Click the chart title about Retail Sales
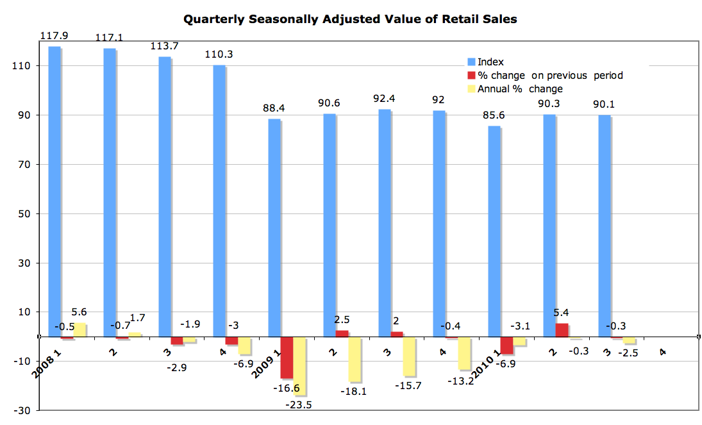coord(350,19)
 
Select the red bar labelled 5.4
coord(562,330)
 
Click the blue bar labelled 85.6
coord(494,231)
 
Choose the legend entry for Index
coord(491,62)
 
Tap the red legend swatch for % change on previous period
coord(471,76)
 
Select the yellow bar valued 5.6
coord(79,329)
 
